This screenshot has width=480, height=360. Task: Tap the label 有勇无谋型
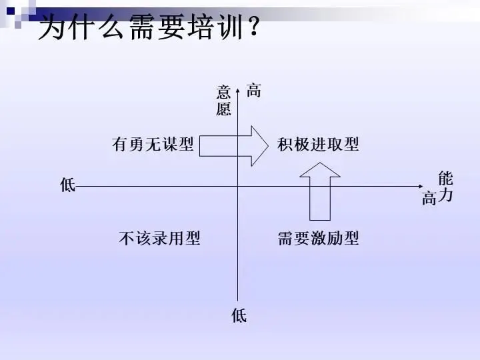(x=153, y=144)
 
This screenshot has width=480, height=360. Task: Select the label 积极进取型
(x=318, y=144)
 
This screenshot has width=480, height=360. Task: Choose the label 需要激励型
(x=318, y=238)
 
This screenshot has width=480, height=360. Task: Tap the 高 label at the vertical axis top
(x=254, y=91)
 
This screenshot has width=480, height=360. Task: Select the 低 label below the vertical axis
(x=239, y=315)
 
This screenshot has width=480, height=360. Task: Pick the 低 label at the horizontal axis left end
(x=67, y=185)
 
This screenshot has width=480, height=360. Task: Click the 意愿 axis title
(x=223, y=101)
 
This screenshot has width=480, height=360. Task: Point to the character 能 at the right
(x=445, y=178)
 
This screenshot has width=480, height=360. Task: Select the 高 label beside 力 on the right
(x=429, y=198)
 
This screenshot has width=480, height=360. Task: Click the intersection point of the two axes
(x=238, y=187)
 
